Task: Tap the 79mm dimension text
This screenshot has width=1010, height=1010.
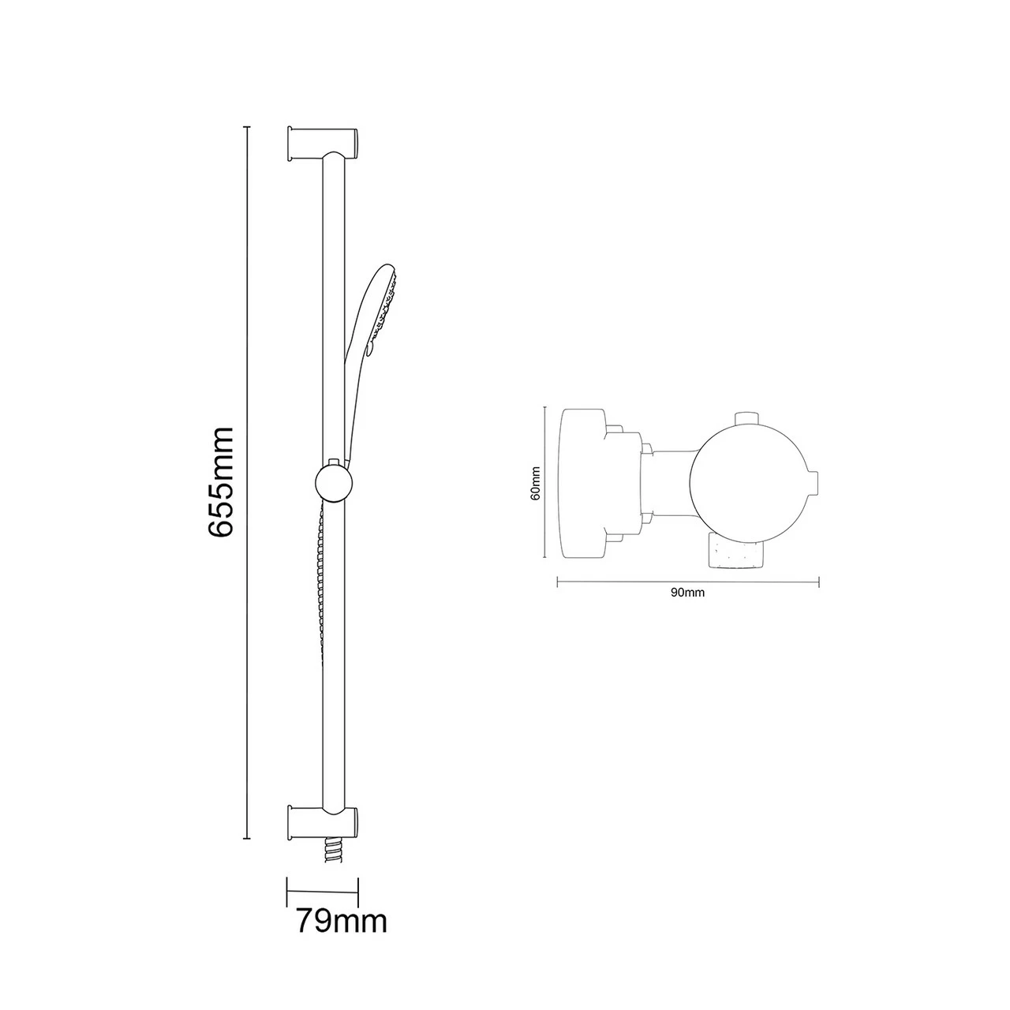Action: click(341, 920)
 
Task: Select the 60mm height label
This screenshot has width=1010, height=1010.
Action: click(536, 482)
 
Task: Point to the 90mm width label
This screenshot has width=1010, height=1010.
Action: click(687, 593)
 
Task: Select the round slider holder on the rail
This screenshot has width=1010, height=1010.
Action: click(332, 482)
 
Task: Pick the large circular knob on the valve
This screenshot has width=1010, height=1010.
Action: click(747, 483)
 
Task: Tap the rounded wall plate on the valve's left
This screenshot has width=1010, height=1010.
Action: click(582, 482)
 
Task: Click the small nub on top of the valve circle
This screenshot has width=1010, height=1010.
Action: click(746, 418)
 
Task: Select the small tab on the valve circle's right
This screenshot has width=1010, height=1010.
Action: click(813, 482)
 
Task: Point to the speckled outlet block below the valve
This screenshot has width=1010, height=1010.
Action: click(736, 550)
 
